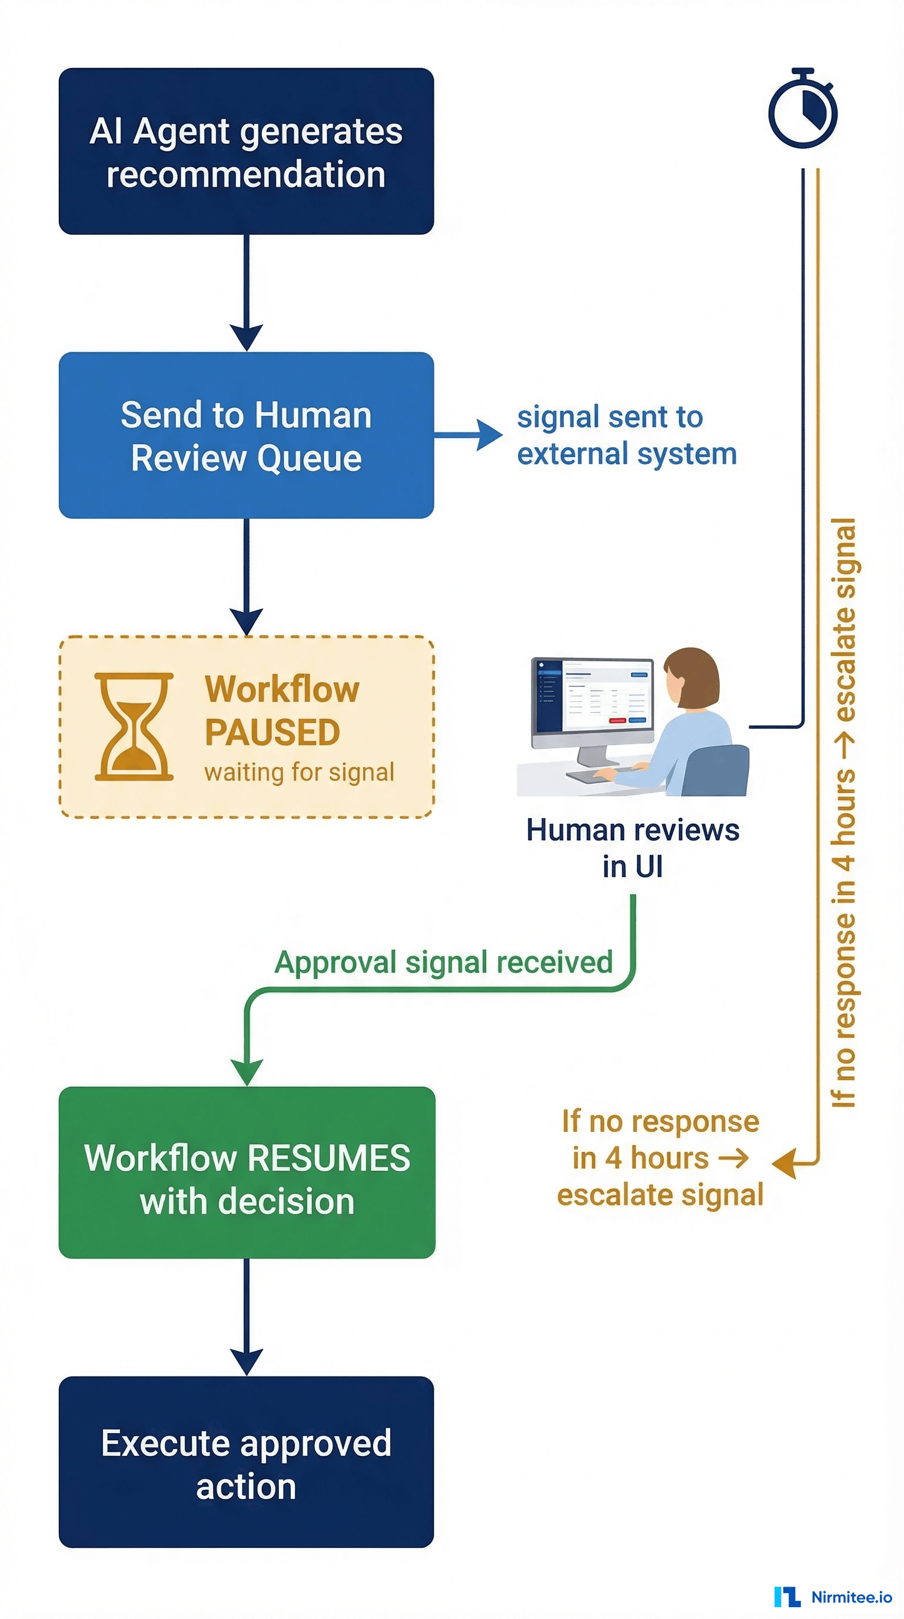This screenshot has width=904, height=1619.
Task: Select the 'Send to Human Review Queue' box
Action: tap(246, 435)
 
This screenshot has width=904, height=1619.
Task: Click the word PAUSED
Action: tap(272, 732)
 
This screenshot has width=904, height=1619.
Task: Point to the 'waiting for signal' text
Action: tap(299, 772)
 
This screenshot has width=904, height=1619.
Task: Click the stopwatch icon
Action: tap(803, 110)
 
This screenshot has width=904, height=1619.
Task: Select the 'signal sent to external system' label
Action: tap(626, 435)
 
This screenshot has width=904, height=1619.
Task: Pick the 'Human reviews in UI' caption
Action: tap(633, 848)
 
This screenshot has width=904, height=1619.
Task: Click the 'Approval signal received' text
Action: tap(444, 962)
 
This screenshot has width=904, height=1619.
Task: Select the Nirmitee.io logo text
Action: tap(850, 1597)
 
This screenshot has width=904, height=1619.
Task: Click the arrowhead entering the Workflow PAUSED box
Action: tap(247, 621)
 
